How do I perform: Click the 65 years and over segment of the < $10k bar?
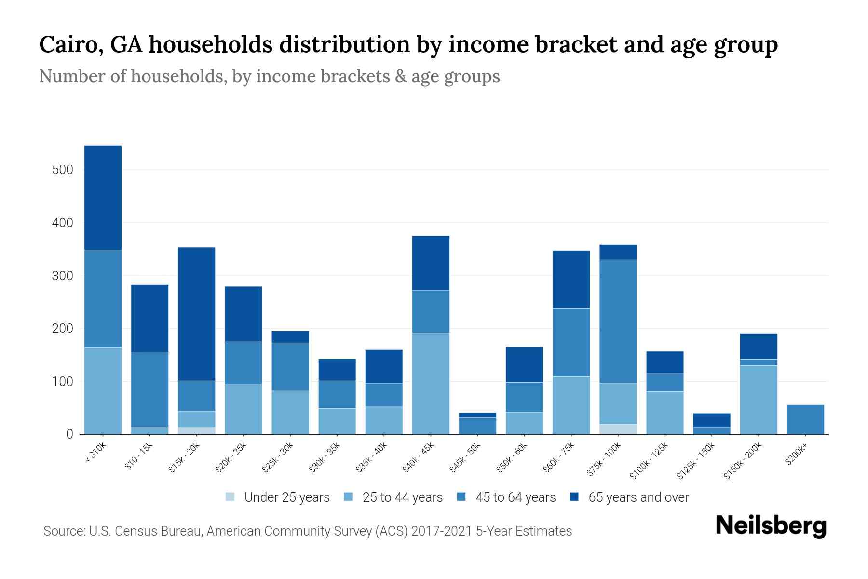click(103, 198)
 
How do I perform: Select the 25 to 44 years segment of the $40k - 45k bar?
click(431, 384)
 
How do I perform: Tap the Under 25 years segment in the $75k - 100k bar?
click(618, 429)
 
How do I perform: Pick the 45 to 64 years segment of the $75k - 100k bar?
click(618, 321)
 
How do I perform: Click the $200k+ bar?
click(805, 419)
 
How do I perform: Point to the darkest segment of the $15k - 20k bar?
click(196, 314)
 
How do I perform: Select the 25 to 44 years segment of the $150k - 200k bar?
click(758, 400)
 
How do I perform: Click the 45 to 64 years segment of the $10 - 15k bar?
click(149, 389)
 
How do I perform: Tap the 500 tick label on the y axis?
click(63, 170)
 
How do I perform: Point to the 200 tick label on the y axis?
click(63, 329)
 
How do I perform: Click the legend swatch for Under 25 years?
click(231, 497)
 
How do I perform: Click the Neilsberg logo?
click(771, 526)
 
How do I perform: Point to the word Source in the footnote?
click(63, 531)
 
